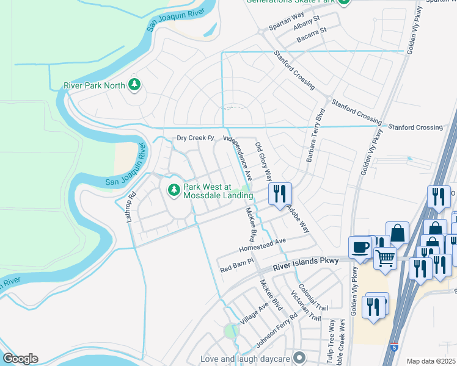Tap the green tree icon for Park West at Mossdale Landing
[x=174, y=190]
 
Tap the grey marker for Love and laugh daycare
[x=299, y=357]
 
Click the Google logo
[x=20, y=359]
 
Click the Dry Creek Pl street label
[x=197, y=138]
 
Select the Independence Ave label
[x=238, y=157]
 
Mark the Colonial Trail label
[x=313, y=298]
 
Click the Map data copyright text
[x=431, y=361]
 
